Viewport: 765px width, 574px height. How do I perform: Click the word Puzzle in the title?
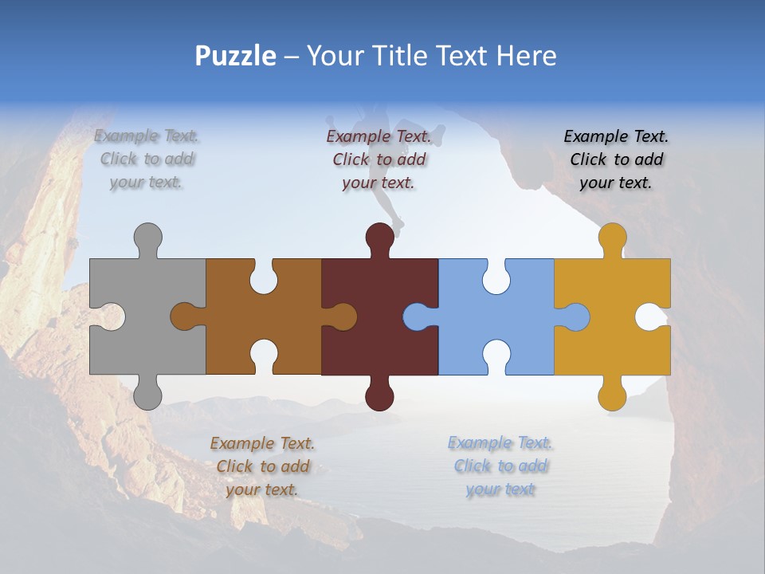click(236, 56)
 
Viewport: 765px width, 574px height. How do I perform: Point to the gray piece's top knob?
click(147, 238)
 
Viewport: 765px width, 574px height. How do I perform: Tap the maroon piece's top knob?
click(379, 238)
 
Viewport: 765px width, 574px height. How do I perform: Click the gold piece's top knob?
click(612, 238)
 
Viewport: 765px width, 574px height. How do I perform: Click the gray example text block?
click(147, 159)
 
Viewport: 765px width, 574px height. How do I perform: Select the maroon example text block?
click(379, 159)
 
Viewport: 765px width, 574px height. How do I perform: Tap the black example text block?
click(616, 159)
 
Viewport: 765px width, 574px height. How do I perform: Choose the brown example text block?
click(262, 466)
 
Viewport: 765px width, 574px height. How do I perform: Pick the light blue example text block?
click(500, 466)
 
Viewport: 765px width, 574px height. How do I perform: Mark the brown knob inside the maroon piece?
click(343, 316)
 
